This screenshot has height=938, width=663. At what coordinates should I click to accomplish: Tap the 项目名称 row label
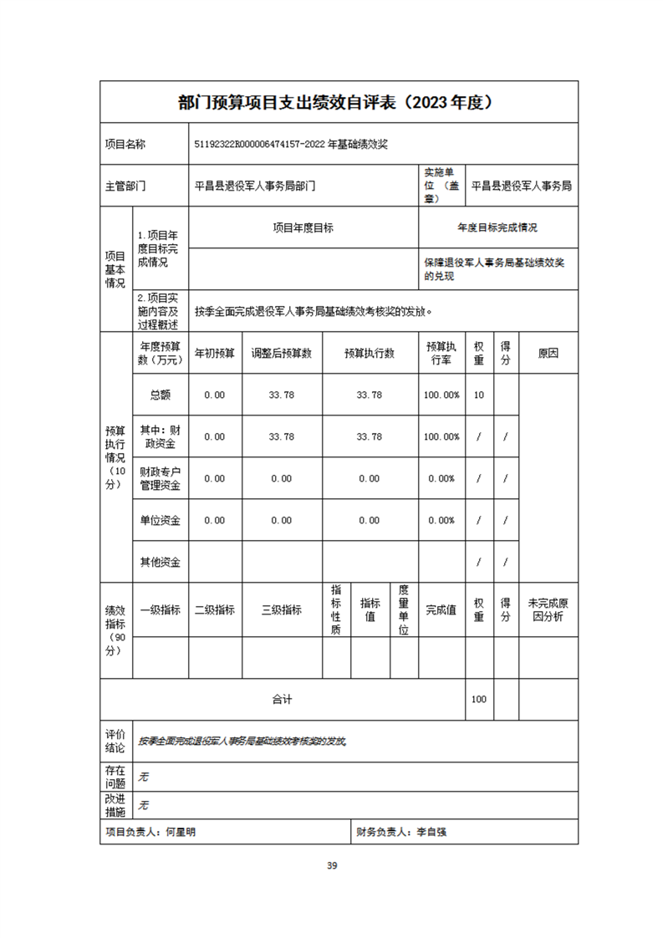pyautogui.click(x=125, y=144)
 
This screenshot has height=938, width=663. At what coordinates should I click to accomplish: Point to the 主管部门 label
pyautogui.click(x=125, y=186)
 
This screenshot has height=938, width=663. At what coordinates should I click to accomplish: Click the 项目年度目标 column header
pyautogui.click(x=303, y=227)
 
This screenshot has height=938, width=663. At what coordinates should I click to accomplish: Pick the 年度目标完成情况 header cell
pyautogui.click(x=497, y=227)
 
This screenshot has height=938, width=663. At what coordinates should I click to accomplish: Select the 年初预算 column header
pyautogui.click(x=215, y=354)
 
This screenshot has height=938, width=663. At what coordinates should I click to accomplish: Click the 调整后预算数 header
pyautogui.click(x=282, y=354)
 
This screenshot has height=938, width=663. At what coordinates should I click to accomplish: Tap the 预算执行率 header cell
pyautogui.click(x=441, y=354)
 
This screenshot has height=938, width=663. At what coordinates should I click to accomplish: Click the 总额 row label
pyautogui.click(x=161, y=395)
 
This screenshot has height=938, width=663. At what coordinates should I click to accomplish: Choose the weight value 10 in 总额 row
pyautogui.click(x=479, y=395)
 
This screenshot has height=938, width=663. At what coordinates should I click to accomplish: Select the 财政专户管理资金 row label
pyautogui.click(x=161, y=478)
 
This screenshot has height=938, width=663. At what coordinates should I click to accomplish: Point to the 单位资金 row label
pyautogui.click(x=161, y=520)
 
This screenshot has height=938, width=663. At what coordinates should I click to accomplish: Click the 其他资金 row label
pyautogui.click(x=161, y=562)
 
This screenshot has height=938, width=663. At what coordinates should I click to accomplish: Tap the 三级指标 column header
pyautogui.click(x=282, y=609)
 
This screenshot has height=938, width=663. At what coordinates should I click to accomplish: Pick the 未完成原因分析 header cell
pyautogui.click(x=548, y=609)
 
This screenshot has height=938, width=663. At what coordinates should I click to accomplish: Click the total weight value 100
pyautogui.click(x=479, y=700)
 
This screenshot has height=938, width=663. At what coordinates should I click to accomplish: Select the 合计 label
pyautogui.click(x=282, y=700)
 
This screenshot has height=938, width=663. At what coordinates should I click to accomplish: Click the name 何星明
pyautogui.click(x=181, y=833)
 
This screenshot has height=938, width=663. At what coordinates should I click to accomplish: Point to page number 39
pyautogui.click(x=332, y=865)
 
